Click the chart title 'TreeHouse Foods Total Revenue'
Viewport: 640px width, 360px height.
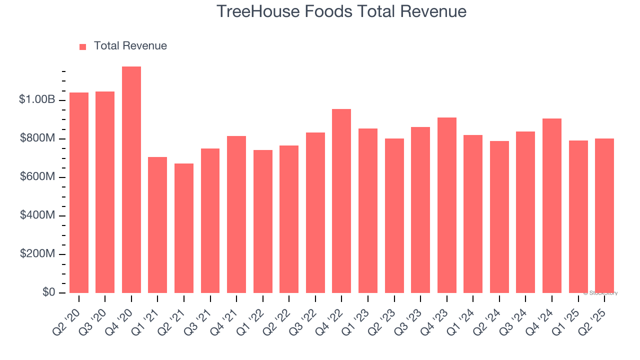click(x=341, y=11)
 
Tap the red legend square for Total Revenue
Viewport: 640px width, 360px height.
click(x=83, y=46)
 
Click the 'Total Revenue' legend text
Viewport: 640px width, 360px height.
click(x=130, y=46)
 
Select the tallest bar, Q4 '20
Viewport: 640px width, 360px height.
click(x=131, y=180)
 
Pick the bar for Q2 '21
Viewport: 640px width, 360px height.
click(x=184, y=228)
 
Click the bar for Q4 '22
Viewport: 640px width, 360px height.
click(x=341, y=201)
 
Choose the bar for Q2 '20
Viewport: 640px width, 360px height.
click(x=79, y=192)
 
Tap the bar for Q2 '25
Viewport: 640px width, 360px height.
click(x=604, y=215)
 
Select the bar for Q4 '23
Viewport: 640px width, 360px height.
click(x=446, y=205)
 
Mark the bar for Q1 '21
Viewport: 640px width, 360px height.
click(x=157, y=225)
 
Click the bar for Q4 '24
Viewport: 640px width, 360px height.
click(x=551, y=205)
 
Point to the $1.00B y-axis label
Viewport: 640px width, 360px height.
click(x=37, y=99)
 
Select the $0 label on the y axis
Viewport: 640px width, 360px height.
click(x=48, y=292)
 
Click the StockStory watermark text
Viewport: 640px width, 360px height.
click(x=600, y=293)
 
